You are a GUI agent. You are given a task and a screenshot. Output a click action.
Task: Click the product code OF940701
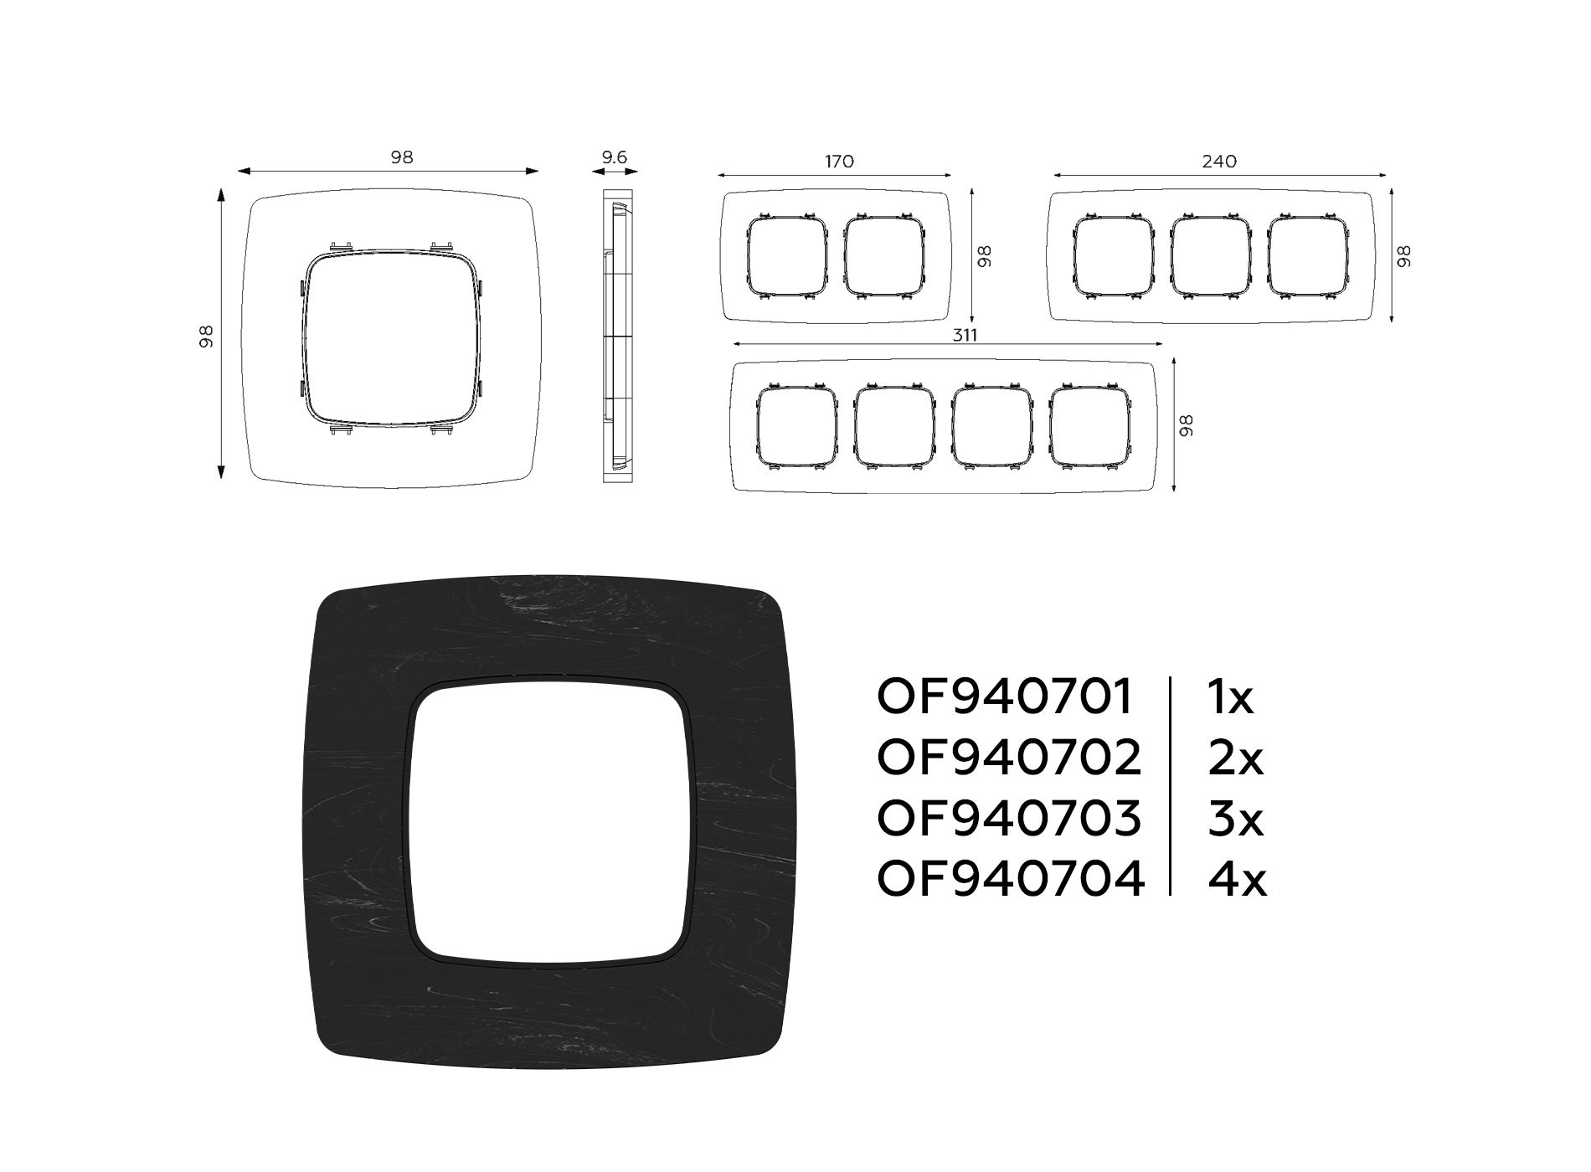pos(1005,697)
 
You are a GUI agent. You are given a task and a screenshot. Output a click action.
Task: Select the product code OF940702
pos(1009,758)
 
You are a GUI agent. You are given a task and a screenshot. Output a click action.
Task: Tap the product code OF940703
pos(1009,818)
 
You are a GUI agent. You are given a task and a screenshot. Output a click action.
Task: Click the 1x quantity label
pos(1230,697)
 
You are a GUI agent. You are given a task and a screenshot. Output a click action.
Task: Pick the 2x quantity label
pos(1235,758)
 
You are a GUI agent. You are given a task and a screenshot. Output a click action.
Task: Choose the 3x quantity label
pos(1235,818)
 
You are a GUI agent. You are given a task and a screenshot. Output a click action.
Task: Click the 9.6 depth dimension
pos(614,157)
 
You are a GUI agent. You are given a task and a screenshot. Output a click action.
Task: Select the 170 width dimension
pos(839,161)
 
